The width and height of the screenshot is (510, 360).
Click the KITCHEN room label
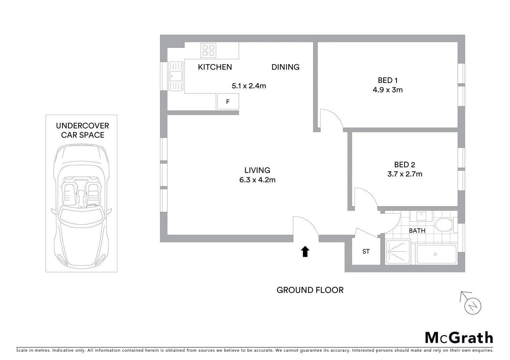tap(215, 67)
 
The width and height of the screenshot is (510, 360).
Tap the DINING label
tap(285, 67)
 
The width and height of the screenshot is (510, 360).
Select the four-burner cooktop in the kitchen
tap(208, 50)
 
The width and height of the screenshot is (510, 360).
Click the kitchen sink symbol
tap(176, 76)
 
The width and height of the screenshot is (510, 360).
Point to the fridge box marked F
tap(228, 102)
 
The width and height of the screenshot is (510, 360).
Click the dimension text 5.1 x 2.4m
tap(249, 86)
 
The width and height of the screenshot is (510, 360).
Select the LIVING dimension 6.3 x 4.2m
tap(257, 180)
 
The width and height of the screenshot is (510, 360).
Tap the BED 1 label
tap(388, 80)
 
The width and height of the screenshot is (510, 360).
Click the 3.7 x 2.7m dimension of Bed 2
tap(405, 174)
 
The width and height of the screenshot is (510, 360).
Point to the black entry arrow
tap(305, 252)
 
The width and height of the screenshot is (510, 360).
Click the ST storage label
tap(366, 252)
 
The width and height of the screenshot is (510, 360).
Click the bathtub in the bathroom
tap(436, 255)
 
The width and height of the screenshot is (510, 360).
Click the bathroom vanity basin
tap(421, 216)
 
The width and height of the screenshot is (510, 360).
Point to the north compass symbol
tap(472, 305)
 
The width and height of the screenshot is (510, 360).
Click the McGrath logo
tap(459, 337)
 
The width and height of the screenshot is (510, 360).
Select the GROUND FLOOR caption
tap(310, 290)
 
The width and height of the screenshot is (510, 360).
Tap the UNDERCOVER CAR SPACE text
tap(82, 130)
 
